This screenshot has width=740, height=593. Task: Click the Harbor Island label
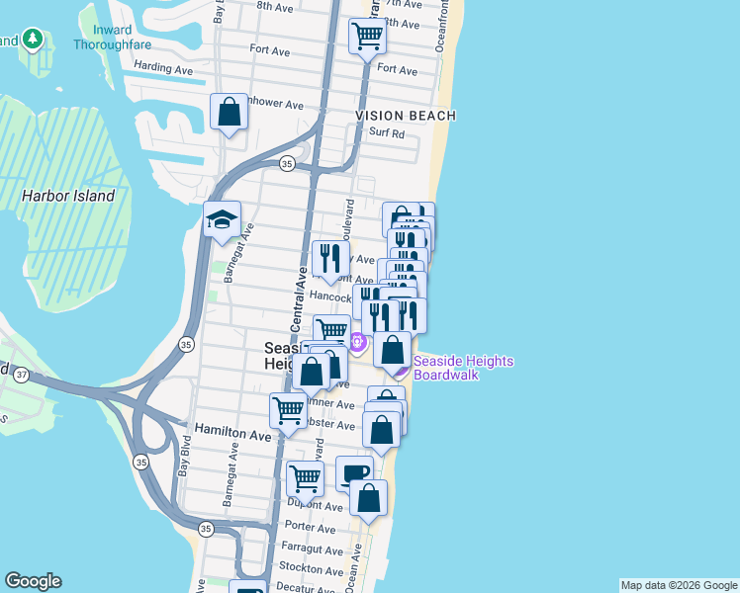(x=68, y=196)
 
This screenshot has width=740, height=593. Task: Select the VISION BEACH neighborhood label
(x=406, y=116)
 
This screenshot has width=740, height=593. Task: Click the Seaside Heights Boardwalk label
(x=463, y=368)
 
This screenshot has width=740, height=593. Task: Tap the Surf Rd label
(x=387, y=132)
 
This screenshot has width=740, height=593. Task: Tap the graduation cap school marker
(x=223, y=218)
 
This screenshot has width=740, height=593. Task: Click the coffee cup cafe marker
(x=354, y=472)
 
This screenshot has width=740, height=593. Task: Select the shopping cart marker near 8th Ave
(x=367, y=36)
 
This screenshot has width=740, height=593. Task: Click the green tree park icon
(x=34, y=40)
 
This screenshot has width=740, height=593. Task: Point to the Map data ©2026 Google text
(x=679, y=585)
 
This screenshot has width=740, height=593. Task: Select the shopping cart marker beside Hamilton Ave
(x=288, y=409)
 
